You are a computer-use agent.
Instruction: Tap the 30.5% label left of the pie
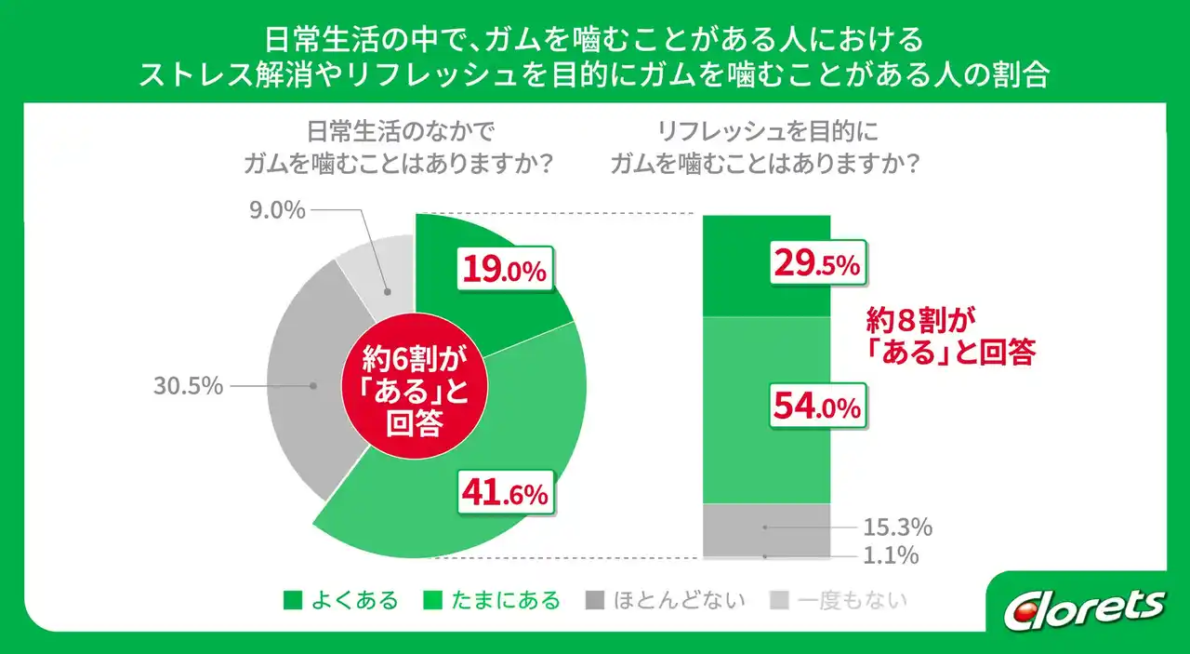click(188, 385)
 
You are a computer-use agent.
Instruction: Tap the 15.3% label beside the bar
click(896, 527)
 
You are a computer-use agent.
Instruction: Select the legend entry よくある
click(341, 600)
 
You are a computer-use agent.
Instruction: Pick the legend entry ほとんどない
click(666, 600)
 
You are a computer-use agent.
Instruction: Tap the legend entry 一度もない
click(840, 600)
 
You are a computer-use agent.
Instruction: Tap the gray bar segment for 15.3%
click(765, 527)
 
